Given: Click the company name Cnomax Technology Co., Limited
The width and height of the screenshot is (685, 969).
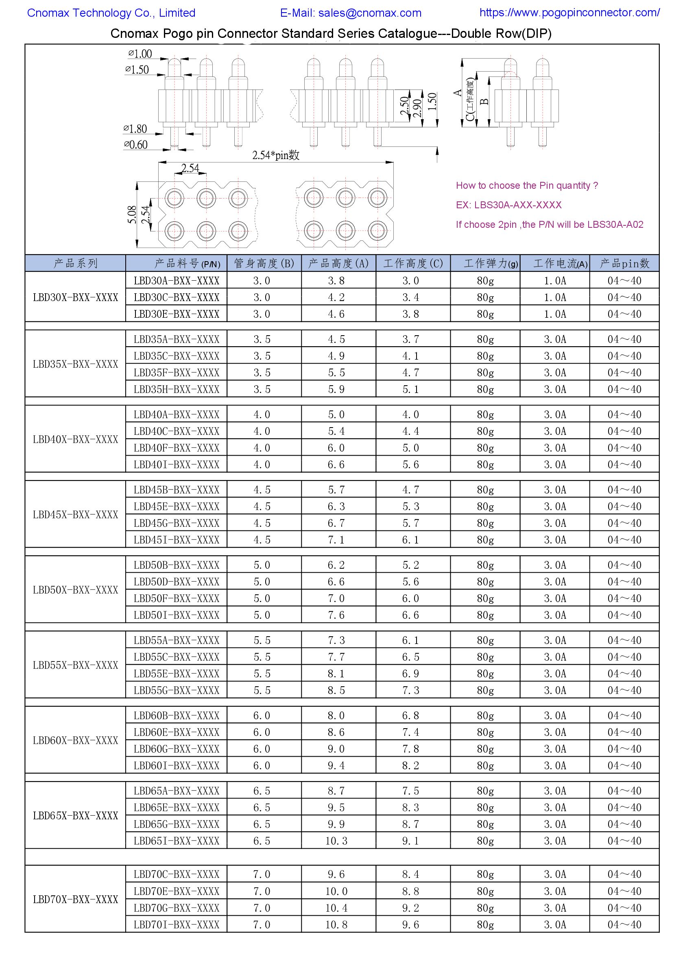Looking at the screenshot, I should click(111, 13).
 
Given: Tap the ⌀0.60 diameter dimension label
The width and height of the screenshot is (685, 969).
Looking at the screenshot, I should click(136, 145).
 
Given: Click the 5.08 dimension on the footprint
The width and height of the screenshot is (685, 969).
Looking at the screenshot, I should click(132, 214).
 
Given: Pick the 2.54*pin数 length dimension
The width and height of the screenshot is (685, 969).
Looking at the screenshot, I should click(276, 155).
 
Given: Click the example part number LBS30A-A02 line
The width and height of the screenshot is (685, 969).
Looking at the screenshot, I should click(549, 225).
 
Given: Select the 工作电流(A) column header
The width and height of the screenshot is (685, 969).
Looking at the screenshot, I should click(554, 264).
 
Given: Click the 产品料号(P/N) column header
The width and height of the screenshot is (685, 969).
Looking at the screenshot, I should click(187, 264).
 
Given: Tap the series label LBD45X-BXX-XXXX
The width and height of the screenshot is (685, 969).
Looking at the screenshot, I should click(76, 515).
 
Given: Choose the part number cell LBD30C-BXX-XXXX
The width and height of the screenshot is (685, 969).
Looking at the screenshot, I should click(177, 297).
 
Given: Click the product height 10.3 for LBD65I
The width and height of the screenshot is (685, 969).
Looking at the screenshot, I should click(336, 841).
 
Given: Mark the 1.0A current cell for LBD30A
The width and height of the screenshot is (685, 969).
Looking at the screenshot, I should click(554, 281).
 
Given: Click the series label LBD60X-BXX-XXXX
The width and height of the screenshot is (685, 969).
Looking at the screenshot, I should click(76, 740).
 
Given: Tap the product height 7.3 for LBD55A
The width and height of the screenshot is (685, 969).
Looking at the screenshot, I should click(336, 640).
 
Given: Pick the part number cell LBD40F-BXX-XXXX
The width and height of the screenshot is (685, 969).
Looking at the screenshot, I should click(177, 448).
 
